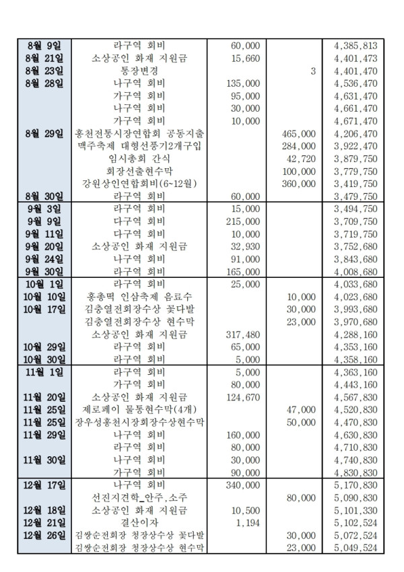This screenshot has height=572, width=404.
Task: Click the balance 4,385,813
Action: point(356,46)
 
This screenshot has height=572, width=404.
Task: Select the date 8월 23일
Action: point(43,71)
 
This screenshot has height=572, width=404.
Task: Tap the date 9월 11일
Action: point(43,234)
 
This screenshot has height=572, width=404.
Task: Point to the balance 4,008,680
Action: point(356,271)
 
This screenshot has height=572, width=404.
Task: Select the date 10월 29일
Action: point(44,347)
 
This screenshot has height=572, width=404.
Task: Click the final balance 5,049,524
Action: point(356,548)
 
